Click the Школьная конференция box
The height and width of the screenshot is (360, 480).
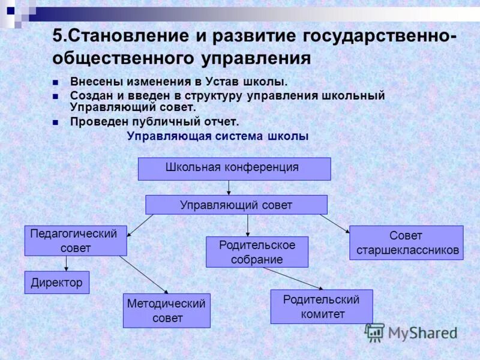234,169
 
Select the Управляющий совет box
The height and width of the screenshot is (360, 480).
236,205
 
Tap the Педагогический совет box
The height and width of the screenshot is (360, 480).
76,241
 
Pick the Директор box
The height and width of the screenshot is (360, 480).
57,283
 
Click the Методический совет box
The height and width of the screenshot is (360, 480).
166,311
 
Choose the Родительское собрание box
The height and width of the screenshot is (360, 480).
257,252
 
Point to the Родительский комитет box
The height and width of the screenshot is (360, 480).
321,307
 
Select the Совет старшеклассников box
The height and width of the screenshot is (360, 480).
406,242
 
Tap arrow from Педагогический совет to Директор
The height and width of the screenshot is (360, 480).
66,263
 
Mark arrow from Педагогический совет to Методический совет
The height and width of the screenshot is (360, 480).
144,275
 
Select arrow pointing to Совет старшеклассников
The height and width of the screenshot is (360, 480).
334,223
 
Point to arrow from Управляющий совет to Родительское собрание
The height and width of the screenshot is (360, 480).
248,225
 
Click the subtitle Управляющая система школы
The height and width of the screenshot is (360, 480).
218,136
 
